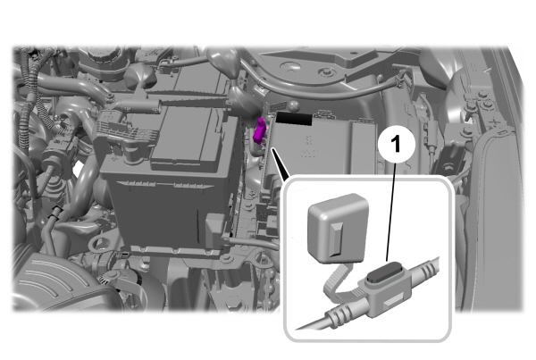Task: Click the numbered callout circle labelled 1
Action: click(396, 144)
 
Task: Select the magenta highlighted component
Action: click(259, 130)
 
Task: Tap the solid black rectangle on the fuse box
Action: click(294, 118)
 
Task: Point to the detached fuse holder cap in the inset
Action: click(338, 228)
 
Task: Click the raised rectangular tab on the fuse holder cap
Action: click(337, 239)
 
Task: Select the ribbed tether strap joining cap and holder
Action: click(339, 281)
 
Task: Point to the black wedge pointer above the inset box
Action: click(281, 163)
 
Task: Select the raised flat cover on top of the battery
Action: click(187, 139)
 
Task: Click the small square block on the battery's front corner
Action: click(215, 229)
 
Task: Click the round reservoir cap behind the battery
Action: click(104, 54)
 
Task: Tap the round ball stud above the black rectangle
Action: click(294, 106)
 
